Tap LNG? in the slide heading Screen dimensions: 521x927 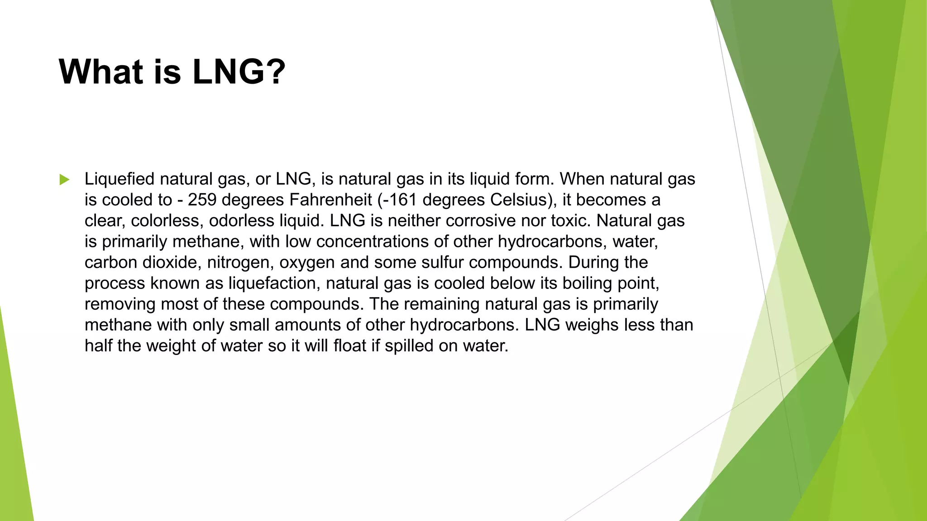tap(239, 71)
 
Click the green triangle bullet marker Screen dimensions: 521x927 tap(64, 180)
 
